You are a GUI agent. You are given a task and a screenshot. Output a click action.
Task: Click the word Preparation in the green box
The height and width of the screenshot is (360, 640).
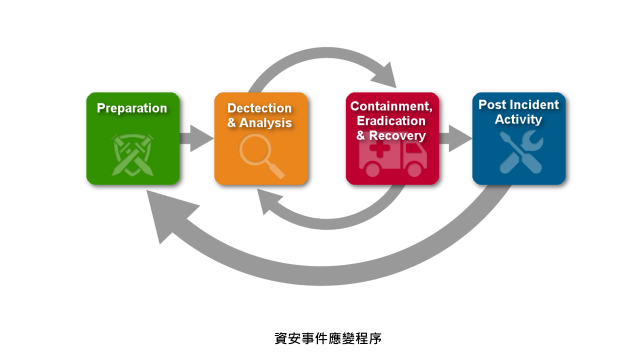tap(131, 108)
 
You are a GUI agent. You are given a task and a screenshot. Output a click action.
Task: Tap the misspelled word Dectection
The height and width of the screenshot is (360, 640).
tap(259, 108)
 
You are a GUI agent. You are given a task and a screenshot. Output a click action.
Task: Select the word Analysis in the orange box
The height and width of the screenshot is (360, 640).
tap(265, 123)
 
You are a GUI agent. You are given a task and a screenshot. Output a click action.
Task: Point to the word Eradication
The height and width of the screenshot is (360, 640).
tap(391, 121)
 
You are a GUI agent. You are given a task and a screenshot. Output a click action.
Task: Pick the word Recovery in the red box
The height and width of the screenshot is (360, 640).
tap(397, 135)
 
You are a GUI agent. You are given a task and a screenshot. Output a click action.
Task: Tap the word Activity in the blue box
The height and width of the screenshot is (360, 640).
tap(518, 119)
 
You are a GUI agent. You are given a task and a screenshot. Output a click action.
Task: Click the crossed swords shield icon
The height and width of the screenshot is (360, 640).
tap(132, 155)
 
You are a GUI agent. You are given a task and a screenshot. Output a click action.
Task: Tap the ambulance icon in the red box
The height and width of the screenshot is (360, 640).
tap(393, 159)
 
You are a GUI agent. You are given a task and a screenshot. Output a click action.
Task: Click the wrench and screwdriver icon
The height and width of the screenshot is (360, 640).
tap(521, 151)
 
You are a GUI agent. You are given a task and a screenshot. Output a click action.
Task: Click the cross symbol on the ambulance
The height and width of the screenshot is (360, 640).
tap(379, 148)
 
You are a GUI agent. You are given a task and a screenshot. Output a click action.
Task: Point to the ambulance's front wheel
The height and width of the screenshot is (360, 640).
tap(414, 169)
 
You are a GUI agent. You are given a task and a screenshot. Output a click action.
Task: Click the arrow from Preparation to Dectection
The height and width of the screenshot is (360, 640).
tap(196, 138)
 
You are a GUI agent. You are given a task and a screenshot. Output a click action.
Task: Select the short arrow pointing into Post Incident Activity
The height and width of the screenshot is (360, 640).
tap(455, 138)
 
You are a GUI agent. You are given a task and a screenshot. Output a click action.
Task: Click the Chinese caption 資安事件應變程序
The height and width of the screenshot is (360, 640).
tap(328, 338)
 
